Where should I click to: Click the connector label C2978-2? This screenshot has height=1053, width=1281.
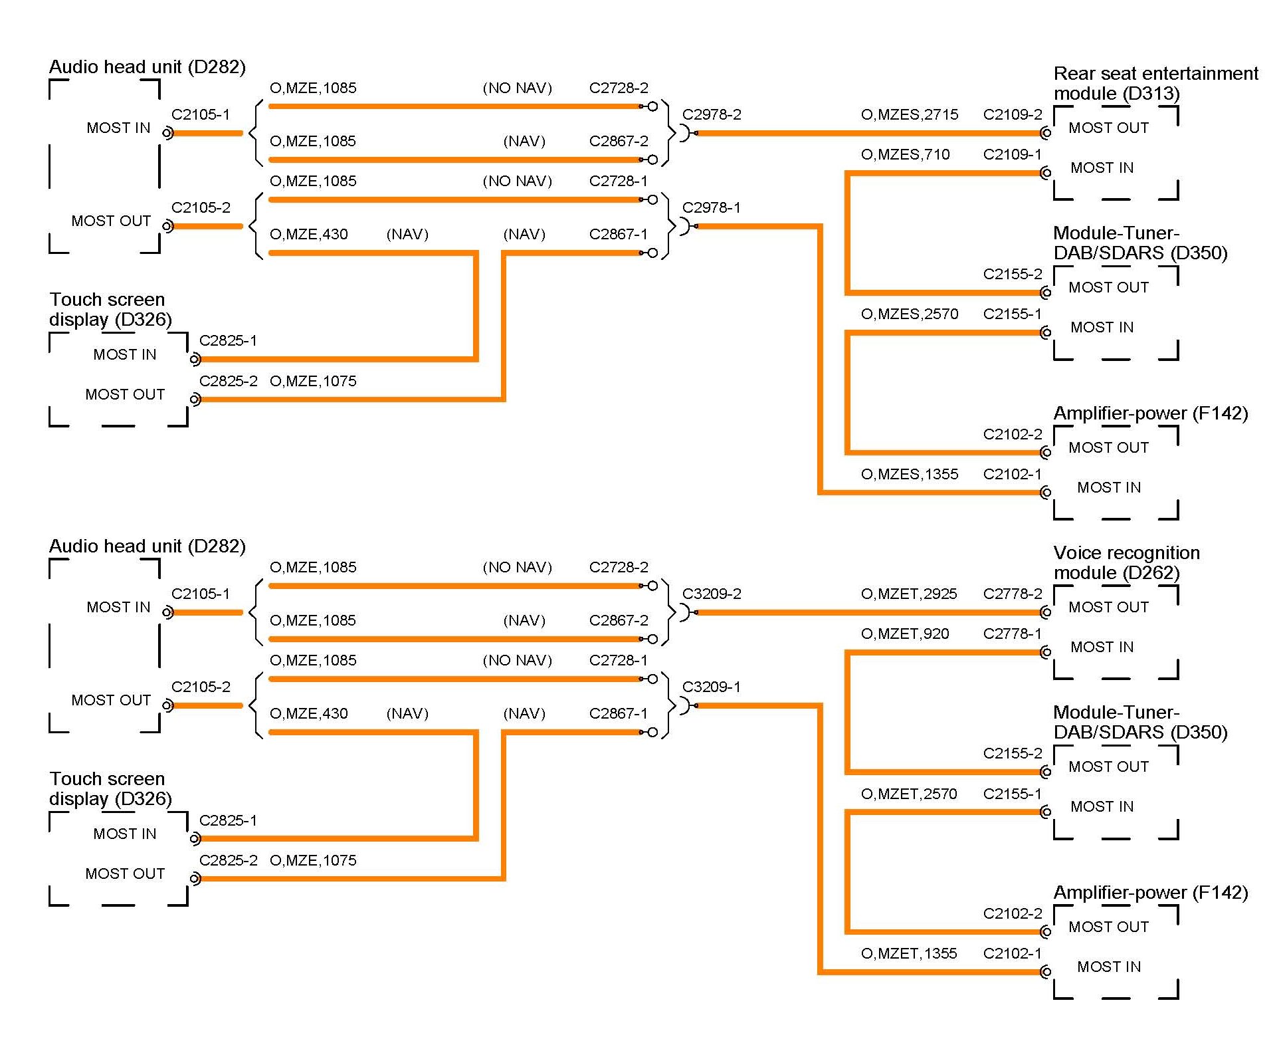pyautogui.click(x=712, y=114)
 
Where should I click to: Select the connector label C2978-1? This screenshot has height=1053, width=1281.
pyautogui.click(x=711, y=207)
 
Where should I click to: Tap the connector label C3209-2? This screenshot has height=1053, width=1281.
pyautogui.click(x=712, y=594)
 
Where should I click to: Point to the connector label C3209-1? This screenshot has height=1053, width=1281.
pyautogui.click(x=711, y=687)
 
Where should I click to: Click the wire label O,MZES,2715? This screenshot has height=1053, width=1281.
pyautogui.click(x=909, y=114)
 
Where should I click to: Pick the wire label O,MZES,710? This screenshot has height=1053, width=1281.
pyautogui.click(x=905, y=154)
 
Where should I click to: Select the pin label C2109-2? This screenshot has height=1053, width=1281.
pyautogui.click(x=1013, y=114)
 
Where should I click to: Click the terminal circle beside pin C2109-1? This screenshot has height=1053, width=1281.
pyautogui.click(x=1046, y=174)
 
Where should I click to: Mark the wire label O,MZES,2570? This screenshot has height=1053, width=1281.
pyautogui.click(x=909, y=314)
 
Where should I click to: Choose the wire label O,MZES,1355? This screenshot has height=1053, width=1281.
pyautogui.click(x=909, y=474)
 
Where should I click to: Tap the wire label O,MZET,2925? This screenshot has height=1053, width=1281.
pyautogui.click(x=908, y=594)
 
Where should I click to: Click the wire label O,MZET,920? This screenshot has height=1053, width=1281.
pyautogui.click(x=904, y=634)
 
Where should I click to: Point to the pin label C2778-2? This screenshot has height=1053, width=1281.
pyautogui.click(x=1013, y=594)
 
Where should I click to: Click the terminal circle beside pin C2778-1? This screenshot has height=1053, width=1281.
pyautogui.click(x=1046, y=653)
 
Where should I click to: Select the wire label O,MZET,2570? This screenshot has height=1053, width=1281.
pyautogui.click(x=908, y=794)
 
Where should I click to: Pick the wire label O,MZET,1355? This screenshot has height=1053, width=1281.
pyautogui.click(x=908, y=953)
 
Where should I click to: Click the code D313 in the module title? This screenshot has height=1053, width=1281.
pyautogui.click(x=1154, y=94)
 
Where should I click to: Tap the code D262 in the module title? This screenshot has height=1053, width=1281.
pyautogui.click(x=1154, y=573)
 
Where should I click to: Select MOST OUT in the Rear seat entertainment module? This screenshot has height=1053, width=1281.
pyautogui.click(x=1108, y=128)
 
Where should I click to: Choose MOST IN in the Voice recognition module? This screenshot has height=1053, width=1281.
pyautogui.click(x=1102, y=647)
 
